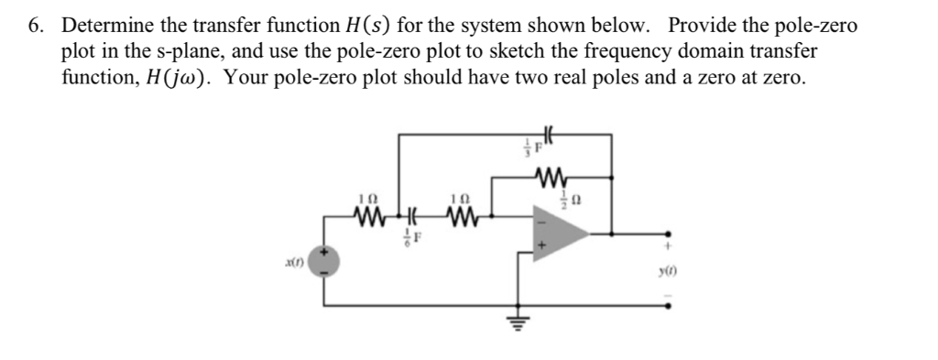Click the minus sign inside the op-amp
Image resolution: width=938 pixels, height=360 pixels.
coord(541,220)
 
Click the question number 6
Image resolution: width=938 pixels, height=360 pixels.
coord(35,26)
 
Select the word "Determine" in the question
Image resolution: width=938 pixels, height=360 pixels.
coord(104,26)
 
